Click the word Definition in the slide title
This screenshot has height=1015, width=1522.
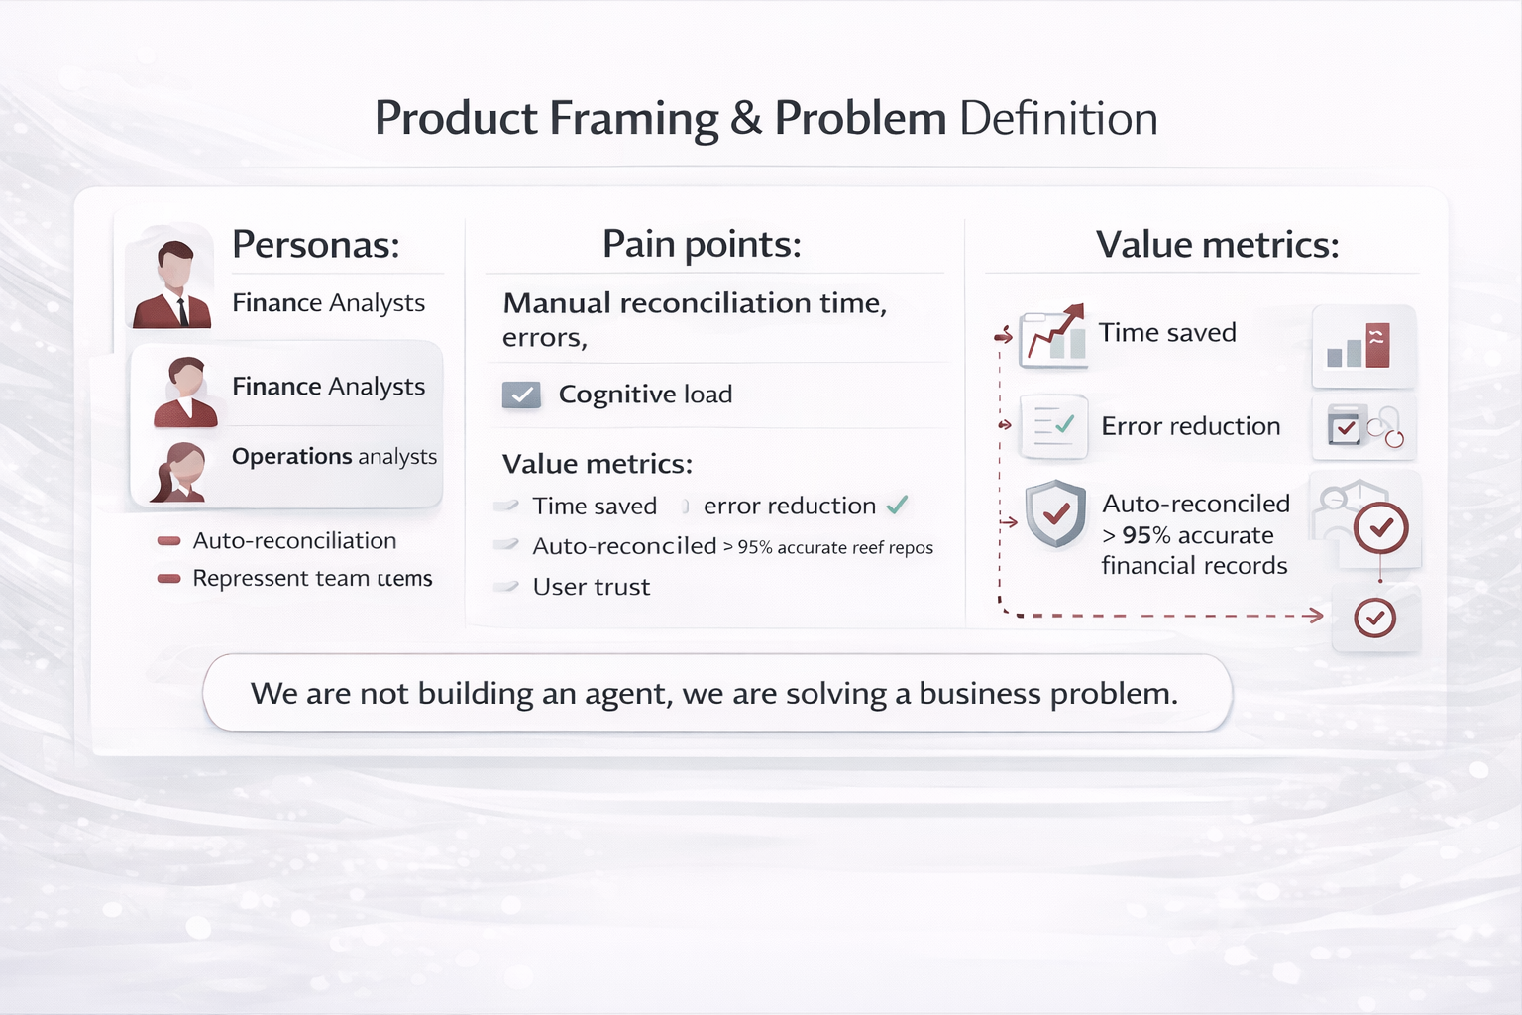click(1058, 119)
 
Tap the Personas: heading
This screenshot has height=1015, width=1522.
click(315, 244)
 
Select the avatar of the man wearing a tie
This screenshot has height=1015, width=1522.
click(172, 285)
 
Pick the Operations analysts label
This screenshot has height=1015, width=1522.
click(334, 456)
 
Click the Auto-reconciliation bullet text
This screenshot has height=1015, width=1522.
click(294, 541)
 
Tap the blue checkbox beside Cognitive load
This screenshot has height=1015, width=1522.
click(521, 395)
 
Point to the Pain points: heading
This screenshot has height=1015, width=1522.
click(702, 244)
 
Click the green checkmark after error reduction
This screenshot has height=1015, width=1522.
click(897, 506)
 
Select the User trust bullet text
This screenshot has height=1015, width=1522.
click(591, 587)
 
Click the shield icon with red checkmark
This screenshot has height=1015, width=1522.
click(1055, 513)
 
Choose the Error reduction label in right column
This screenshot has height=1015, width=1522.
click(1190, 426)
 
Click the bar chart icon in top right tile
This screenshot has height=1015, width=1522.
click(1359, 346)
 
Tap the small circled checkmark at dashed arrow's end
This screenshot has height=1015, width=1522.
click(1374, 618)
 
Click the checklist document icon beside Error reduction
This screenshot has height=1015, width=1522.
click(1053, 426)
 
